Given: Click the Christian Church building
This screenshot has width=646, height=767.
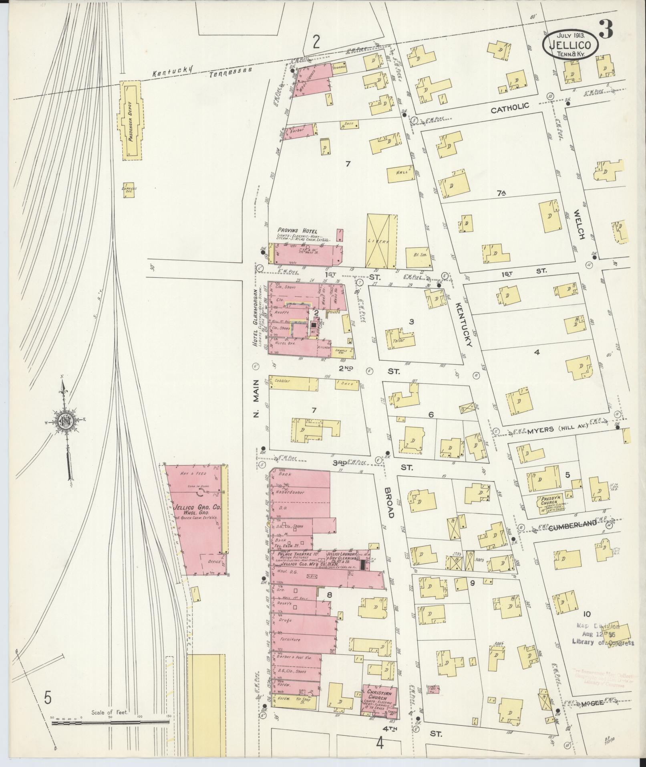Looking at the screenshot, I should click(380, 702).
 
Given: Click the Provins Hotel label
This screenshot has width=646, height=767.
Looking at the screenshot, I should click(297, 231).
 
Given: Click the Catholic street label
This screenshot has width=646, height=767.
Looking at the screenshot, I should click(510, 107).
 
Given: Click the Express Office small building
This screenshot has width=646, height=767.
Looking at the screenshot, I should click(129, 189).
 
